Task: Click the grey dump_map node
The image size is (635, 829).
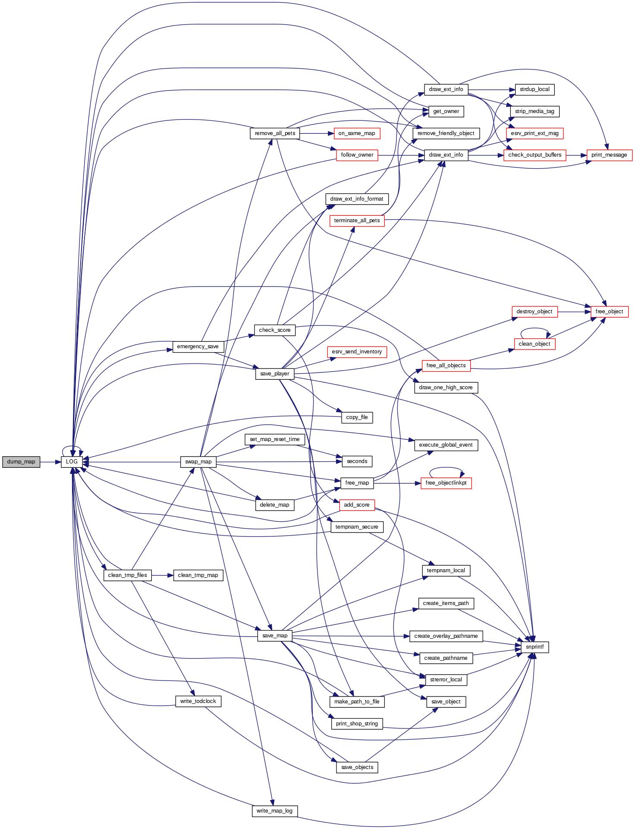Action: [21, 462]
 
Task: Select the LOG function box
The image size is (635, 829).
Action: [72, 462]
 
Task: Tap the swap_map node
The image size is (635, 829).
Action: [198, 462]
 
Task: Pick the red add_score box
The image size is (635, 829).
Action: [357, 505]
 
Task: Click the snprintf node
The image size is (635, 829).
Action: [534, 647]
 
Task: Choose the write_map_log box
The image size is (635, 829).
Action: [274, 811]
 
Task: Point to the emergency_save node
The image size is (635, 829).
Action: [198, 347]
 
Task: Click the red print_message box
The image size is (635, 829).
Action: [609, 155]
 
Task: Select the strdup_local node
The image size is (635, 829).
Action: [534, 89]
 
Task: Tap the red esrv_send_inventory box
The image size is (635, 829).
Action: [357, 352]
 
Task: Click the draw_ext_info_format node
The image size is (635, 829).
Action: [357, 199]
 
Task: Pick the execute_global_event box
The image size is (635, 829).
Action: [446, 445]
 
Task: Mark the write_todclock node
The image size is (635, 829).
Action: [198, 701]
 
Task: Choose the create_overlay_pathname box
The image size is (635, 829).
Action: [446, 636]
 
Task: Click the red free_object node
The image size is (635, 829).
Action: [609, 312]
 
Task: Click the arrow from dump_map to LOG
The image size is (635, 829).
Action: [50, 462]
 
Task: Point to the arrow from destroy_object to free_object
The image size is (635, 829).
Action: [574, 312]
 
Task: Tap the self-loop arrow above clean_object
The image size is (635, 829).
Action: [534, 329]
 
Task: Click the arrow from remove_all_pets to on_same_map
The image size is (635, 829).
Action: [317, 133]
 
